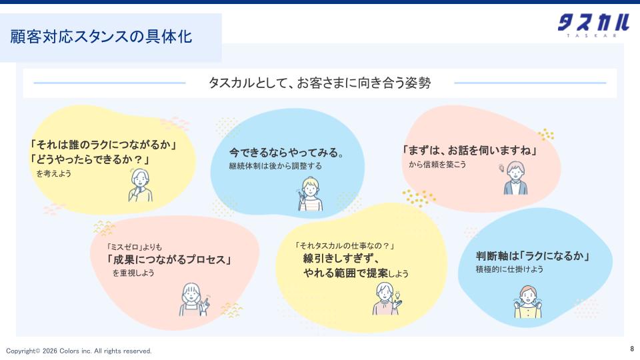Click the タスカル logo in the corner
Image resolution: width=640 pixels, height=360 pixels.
point(593,25)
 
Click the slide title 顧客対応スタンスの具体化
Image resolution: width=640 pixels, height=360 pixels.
point(101,37)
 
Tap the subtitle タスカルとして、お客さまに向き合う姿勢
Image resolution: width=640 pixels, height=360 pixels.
point(319,83)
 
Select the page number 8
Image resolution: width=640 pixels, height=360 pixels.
point(632,349)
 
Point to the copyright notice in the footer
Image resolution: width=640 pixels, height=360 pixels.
point(79,351)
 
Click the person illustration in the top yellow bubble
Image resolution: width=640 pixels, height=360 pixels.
point(141,185)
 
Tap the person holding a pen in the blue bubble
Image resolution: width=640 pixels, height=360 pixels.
point(310,194)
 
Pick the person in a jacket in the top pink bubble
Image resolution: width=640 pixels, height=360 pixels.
point(514,178)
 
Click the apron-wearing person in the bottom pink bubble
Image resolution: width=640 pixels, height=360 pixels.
point(194,299)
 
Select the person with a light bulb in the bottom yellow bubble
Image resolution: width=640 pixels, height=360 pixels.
point(387,299)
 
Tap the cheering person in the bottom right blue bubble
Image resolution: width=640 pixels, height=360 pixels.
point(528,301)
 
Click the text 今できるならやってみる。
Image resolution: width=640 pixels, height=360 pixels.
point(287,153)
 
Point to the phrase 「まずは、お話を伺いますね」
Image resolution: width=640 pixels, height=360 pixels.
point(469,151)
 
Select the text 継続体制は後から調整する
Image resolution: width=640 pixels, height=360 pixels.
point(275,166)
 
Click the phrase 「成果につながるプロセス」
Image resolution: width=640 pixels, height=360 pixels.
point(169,259)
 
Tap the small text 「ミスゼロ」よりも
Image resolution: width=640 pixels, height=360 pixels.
point(134,247)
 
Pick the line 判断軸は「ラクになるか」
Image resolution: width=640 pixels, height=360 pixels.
point(533,256)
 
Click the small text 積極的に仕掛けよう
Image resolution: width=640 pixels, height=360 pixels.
point(509,269)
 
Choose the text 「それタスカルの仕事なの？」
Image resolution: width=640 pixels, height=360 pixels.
point(345,246)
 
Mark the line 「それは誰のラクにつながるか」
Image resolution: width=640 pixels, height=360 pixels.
point(103,145)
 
